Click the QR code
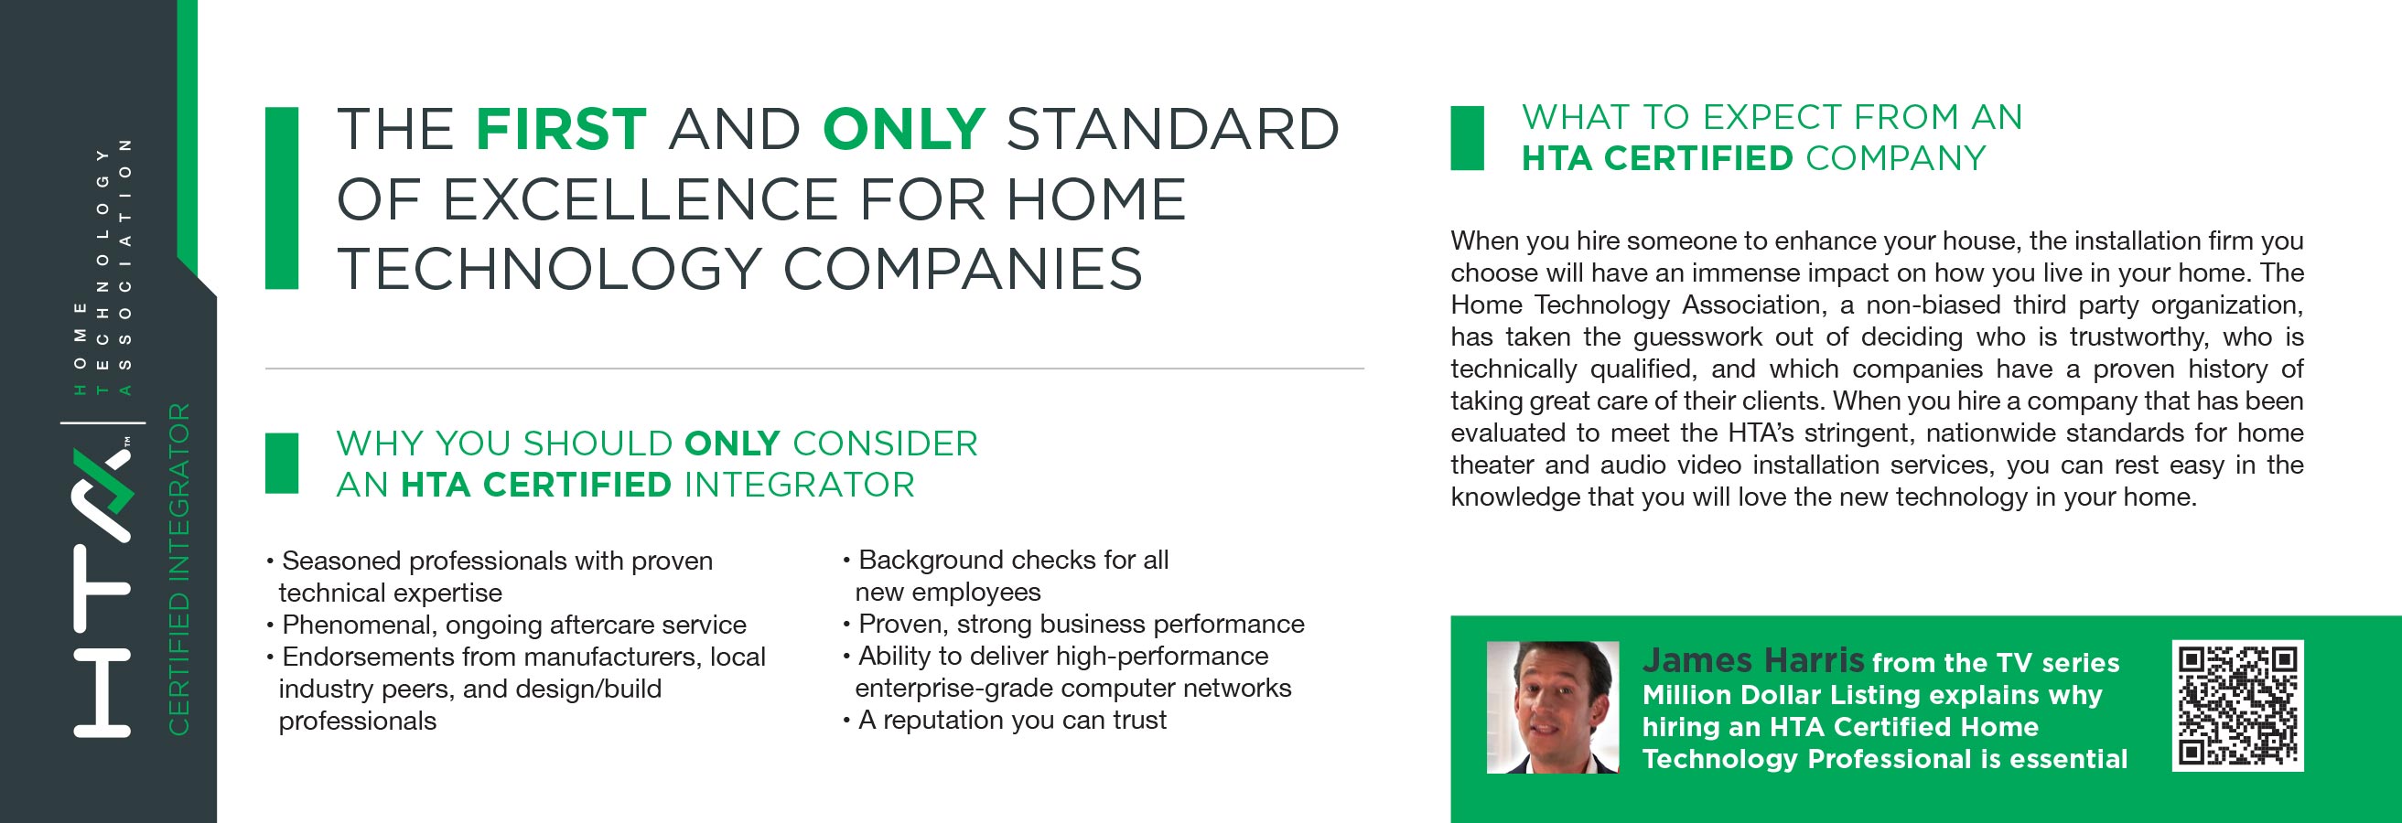[x=2238, y=706]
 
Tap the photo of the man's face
[x=1553, y=708]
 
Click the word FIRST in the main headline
[x=561, y=129]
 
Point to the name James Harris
[x=1753, y=660]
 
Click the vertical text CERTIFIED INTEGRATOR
[x=178, y=569]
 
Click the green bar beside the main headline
[x=282, y=198]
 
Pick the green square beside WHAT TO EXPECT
[x=1467, y=138]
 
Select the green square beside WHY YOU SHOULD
[x=282, y=463]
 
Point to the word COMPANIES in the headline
[x=963, y=269]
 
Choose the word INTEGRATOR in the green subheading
[x=799, y=485]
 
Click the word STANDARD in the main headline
[x=1172, y=129]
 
